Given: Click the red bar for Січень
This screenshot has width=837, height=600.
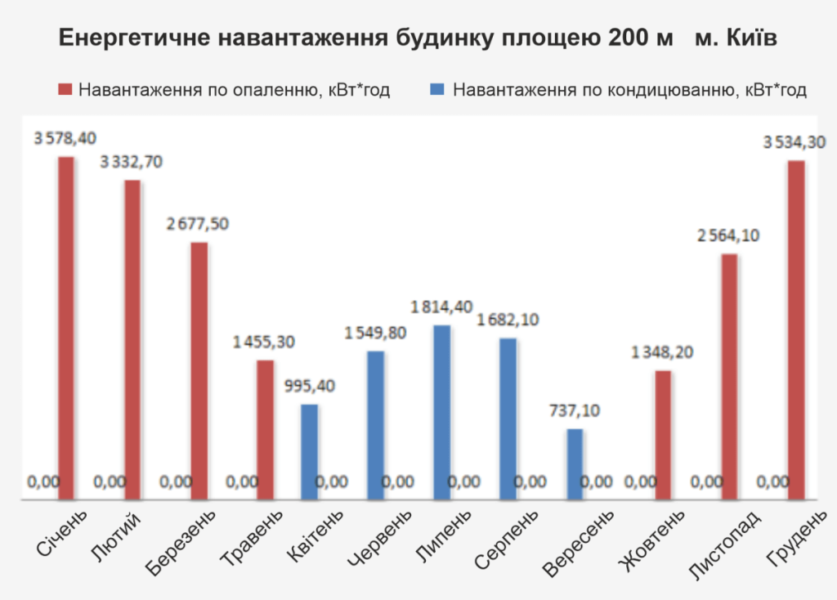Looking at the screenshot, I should click(x=66, y=327).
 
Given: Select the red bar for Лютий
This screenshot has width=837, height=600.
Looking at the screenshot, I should click(x=132, y=339).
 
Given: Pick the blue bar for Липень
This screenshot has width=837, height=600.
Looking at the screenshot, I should click(x=441, y=412).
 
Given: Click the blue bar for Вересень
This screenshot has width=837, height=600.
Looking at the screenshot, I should click(x=575, y=463).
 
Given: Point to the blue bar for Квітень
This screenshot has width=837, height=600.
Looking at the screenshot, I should click(x=309, y=451).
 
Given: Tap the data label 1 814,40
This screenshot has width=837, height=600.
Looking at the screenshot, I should click(x=441, y=307).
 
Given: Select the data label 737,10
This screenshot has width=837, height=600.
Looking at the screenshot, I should click(x=575, y=410).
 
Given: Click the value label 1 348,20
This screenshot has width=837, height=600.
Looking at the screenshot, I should click(x=663, y=353).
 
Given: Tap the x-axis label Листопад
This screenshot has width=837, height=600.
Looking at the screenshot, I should click(x=714, y=544).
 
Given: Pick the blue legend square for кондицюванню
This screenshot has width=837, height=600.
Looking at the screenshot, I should click(x=438, y=90).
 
